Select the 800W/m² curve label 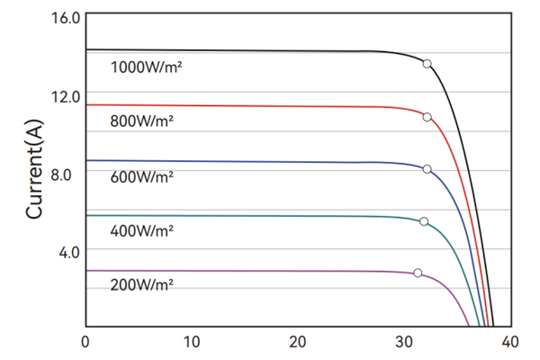point(142,121)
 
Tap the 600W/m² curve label point(142,177)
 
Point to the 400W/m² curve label point(142,231)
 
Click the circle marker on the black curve point(427,63)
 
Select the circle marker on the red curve point(427,117)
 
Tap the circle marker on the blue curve point(427,169)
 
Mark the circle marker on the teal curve point(424,221)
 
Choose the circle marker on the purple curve point(418,273)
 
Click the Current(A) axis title point(35,172)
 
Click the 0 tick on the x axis point(85,342)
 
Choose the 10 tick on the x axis point(191,342)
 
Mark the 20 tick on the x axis point(298,342)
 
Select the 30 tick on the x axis point(404,342)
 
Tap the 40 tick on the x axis point(510,342)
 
